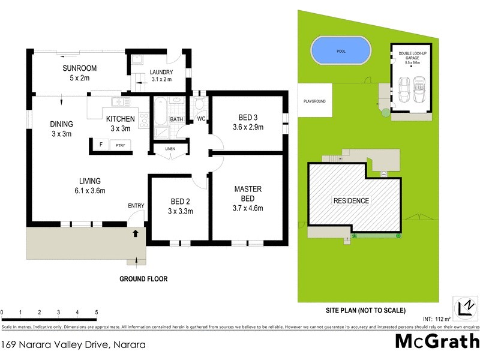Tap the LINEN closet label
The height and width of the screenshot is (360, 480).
pyautogui.click(x=170, y=148)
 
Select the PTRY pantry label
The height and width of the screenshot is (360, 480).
pyautogui.click(x=121, y=145)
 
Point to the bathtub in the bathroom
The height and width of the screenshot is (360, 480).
pyautogui.click(x=160, y=113)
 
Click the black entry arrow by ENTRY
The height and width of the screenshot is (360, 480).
pyautogui.click(x=136, y=231)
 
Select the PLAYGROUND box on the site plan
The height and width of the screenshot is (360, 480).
pyautogui.click(x=314, y=101)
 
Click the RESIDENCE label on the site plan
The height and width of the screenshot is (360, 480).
pyautogui.click(x=351, y=200)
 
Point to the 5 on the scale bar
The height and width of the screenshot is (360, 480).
pyautogui.click(x=97, y=313)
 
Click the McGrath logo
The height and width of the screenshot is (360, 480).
pyautogui.click(x=437, y=341)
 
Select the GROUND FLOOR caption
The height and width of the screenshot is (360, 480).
pyautogui.click(x=143, y=278)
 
